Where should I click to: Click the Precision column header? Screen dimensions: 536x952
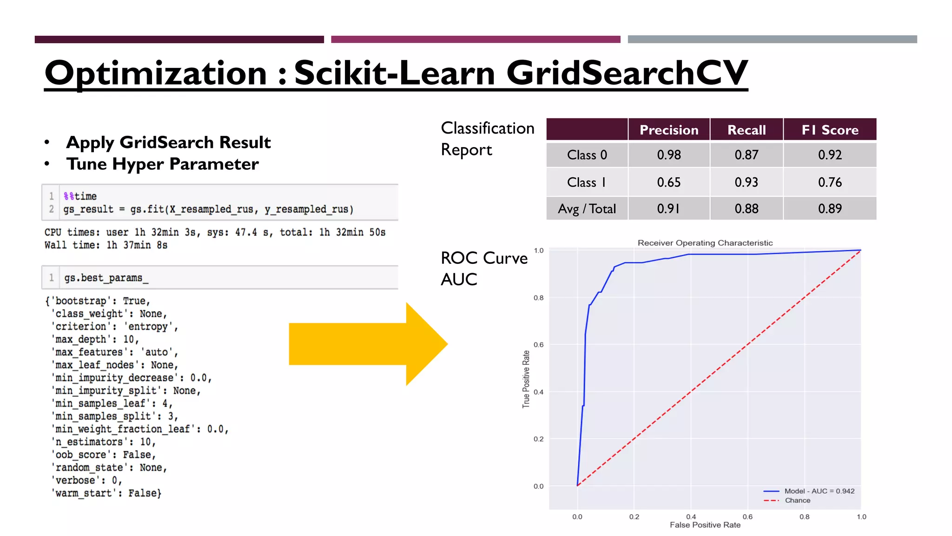coord(668,130)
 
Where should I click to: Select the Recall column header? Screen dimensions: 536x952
coord(746,130)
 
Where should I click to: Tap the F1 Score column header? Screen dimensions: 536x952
coord(830,130)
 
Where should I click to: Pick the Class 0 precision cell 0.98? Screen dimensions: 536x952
coord(668,155)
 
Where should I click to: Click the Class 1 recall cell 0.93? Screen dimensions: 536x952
coord(746,182)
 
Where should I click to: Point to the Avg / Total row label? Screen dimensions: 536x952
coord(587,209)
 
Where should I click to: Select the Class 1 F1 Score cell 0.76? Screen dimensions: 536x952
coord(830,182)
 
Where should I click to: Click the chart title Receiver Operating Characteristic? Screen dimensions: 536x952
coord(705,243)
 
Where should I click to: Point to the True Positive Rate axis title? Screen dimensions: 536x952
coord(526,379)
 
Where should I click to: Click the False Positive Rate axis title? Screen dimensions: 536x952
coord(705,525)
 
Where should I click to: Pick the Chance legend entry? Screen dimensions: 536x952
coord(797,500)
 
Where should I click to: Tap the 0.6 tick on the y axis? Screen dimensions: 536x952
coord(538,345)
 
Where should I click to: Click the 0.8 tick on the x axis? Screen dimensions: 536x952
coord(804,516)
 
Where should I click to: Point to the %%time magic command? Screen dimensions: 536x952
coord(80,196)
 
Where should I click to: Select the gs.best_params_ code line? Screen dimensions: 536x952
coord(106,278)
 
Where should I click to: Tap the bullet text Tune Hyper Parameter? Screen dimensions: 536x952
coord(162,164)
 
